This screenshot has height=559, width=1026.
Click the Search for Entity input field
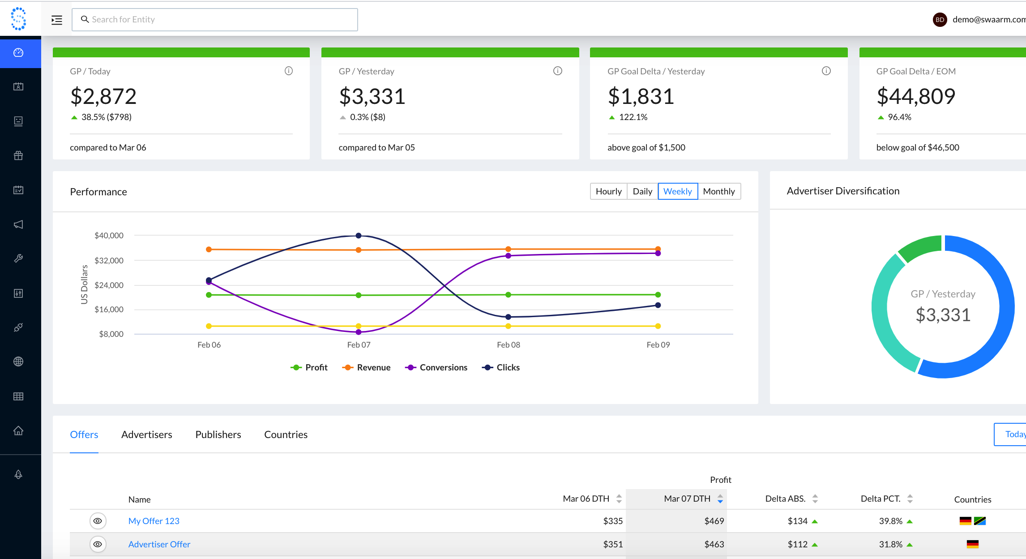click(215, 20)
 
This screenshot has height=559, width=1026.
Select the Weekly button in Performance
click(677, 191)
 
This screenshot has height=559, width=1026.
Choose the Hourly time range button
click(608, 191)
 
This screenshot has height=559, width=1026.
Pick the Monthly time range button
click(718, 191)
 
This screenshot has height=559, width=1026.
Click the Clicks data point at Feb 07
click(359, 236)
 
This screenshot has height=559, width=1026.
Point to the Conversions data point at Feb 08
click(508, 256)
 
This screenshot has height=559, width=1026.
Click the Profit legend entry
click(309, 367)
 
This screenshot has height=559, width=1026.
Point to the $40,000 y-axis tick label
click(109, 236)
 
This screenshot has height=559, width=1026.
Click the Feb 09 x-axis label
click(658, 345)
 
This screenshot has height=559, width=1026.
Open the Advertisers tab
click(146, 434)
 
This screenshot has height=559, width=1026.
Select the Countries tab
click(286, 434)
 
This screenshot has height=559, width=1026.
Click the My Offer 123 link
click(154, 521)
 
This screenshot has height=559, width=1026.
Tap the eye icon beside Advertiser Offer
click(98, 544)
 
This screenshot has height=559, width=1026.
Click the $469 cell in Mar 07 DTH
click(714, 521)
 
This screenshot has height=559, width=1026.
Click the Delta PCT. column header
click(881, 499)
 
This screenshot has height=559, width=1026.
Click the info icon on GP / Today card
click(289, 71)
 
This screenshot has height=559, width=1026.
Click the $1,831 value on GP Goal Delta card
click(641, 96)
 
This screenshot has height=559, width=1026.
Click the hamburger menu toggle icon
click(57, 20)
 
